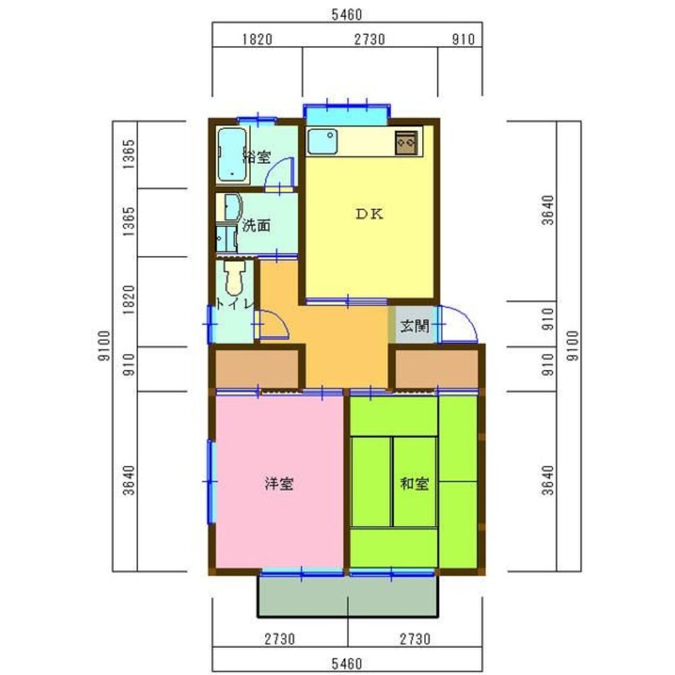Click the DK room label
point(370,214)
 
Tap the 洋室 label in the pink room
point(279,483)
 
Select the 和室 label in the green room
point(414,483)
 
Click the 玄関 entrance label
point(415,326)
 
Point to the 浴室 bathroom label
point(257,157)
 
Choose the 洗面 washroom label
point(256,225)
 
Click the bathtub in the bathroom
point(233,155)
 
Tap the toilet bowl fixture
point(234,278)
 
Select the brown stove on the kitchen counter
point(407,142)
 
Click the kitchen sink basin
point(322,141)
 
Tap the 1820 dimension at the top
point(258,40)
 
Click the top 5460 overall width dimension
point(347,15)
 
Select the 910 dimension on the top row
point(463,40)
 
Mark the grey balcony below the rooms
point(348,596)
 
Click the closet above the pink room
point(257,369)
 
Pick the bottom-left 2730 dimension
point(280,639)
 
